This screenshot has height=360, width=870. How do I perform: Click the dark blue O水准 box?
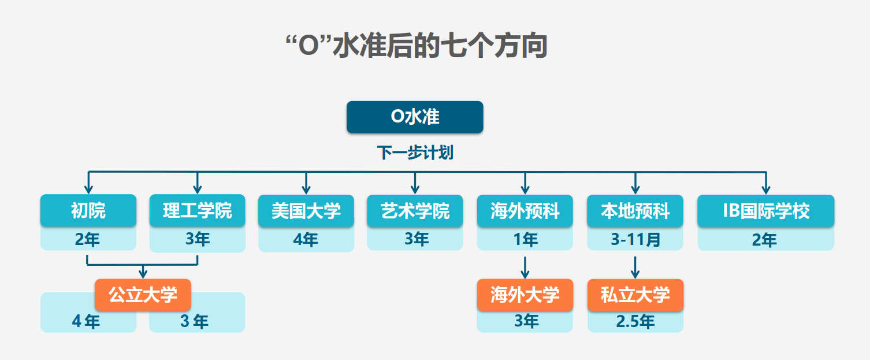tap(415, 117)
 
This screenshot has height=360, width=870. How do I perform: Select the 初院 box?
tap(88, 210)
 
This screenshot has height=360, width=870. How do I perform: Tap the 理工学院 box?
tap(198, 210)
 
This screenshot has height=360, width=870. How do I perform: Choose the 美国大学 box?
tap(306, 210)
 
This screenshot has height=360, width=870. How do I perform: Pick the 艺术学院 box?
tap(415, 210)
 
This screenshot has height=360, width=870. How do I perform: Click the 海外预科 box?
tap(525, 210)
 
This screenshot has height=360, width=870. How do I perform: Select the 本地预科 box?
tap(635, 210)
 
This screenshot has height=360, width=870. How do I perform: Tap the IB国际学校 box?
tap(766, 210)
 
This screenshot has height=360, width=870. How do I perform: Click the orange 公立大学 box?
tap(143, 295)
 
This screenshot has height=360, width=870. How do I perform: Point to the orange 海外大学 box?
tap(525, 295)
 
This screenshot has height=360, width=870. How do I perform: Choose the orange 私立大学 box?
tap(635, 295)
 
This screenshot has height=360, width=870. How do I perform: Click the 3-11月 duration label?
tap(635, 239)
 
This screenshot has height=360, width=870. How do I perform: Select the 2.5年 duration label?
tap(635, 321)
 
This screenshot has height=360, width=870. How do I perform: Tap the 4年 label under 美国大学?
tap(306, 239)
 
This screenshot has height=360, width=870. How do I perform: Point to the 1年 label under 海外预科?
tap(526, 239)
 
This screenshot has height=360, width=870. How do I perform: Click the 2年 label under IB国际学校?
tap(764, 240)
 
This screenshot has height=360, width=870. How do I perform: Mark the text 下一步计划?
tap(415, 152)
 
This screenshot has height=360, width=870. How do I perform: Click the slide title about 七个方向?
tap(417, 46)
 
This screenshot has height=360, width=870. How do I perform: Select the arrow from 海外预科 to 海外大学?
tap(525, 268)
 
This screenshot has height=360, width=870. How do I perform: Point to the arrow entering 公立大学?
tap(143, 272)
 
